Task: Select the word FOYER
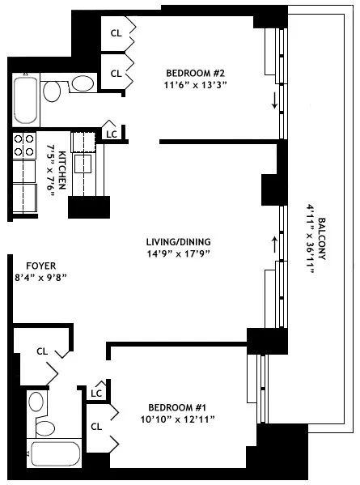pos(40,265)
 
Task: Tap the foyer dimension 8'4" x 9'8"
pos(40,277)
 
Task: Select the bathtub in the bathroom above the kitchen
pos(24,97)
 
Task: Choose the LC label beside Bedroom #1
pos(96,393)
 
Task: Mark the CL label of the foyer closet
pos(43,351)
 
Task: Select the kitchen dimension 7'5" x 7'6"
pos(57,168)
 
